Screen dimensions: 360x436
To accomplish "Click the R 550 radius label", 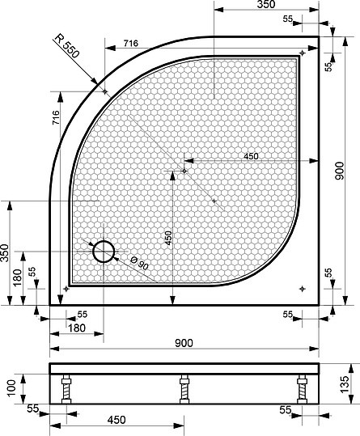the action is click(67, 46).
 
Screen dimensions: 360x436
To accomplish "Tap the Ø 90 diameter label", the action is click(140, 264).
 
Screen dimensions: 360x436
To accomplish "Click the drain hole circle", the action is click(104, 252).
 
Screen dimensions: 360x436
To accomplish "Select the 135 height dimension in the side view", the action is click(344, 384).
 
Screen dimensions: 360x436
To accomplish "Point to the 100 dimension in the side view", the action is click(11, 389).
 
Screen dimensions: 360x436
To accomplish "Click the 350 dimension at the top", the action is click(266, 4).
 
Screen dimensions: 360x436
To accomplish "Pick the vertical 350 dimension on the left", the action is click(4, 252).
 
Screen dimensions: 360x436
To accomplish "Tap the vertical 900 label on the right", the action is click(339, 171).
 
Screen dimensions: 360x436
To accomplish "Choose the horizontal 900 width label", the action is click(184, 343).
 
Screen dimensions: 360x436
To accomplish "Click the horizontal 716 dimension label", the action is click(131, 44).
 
